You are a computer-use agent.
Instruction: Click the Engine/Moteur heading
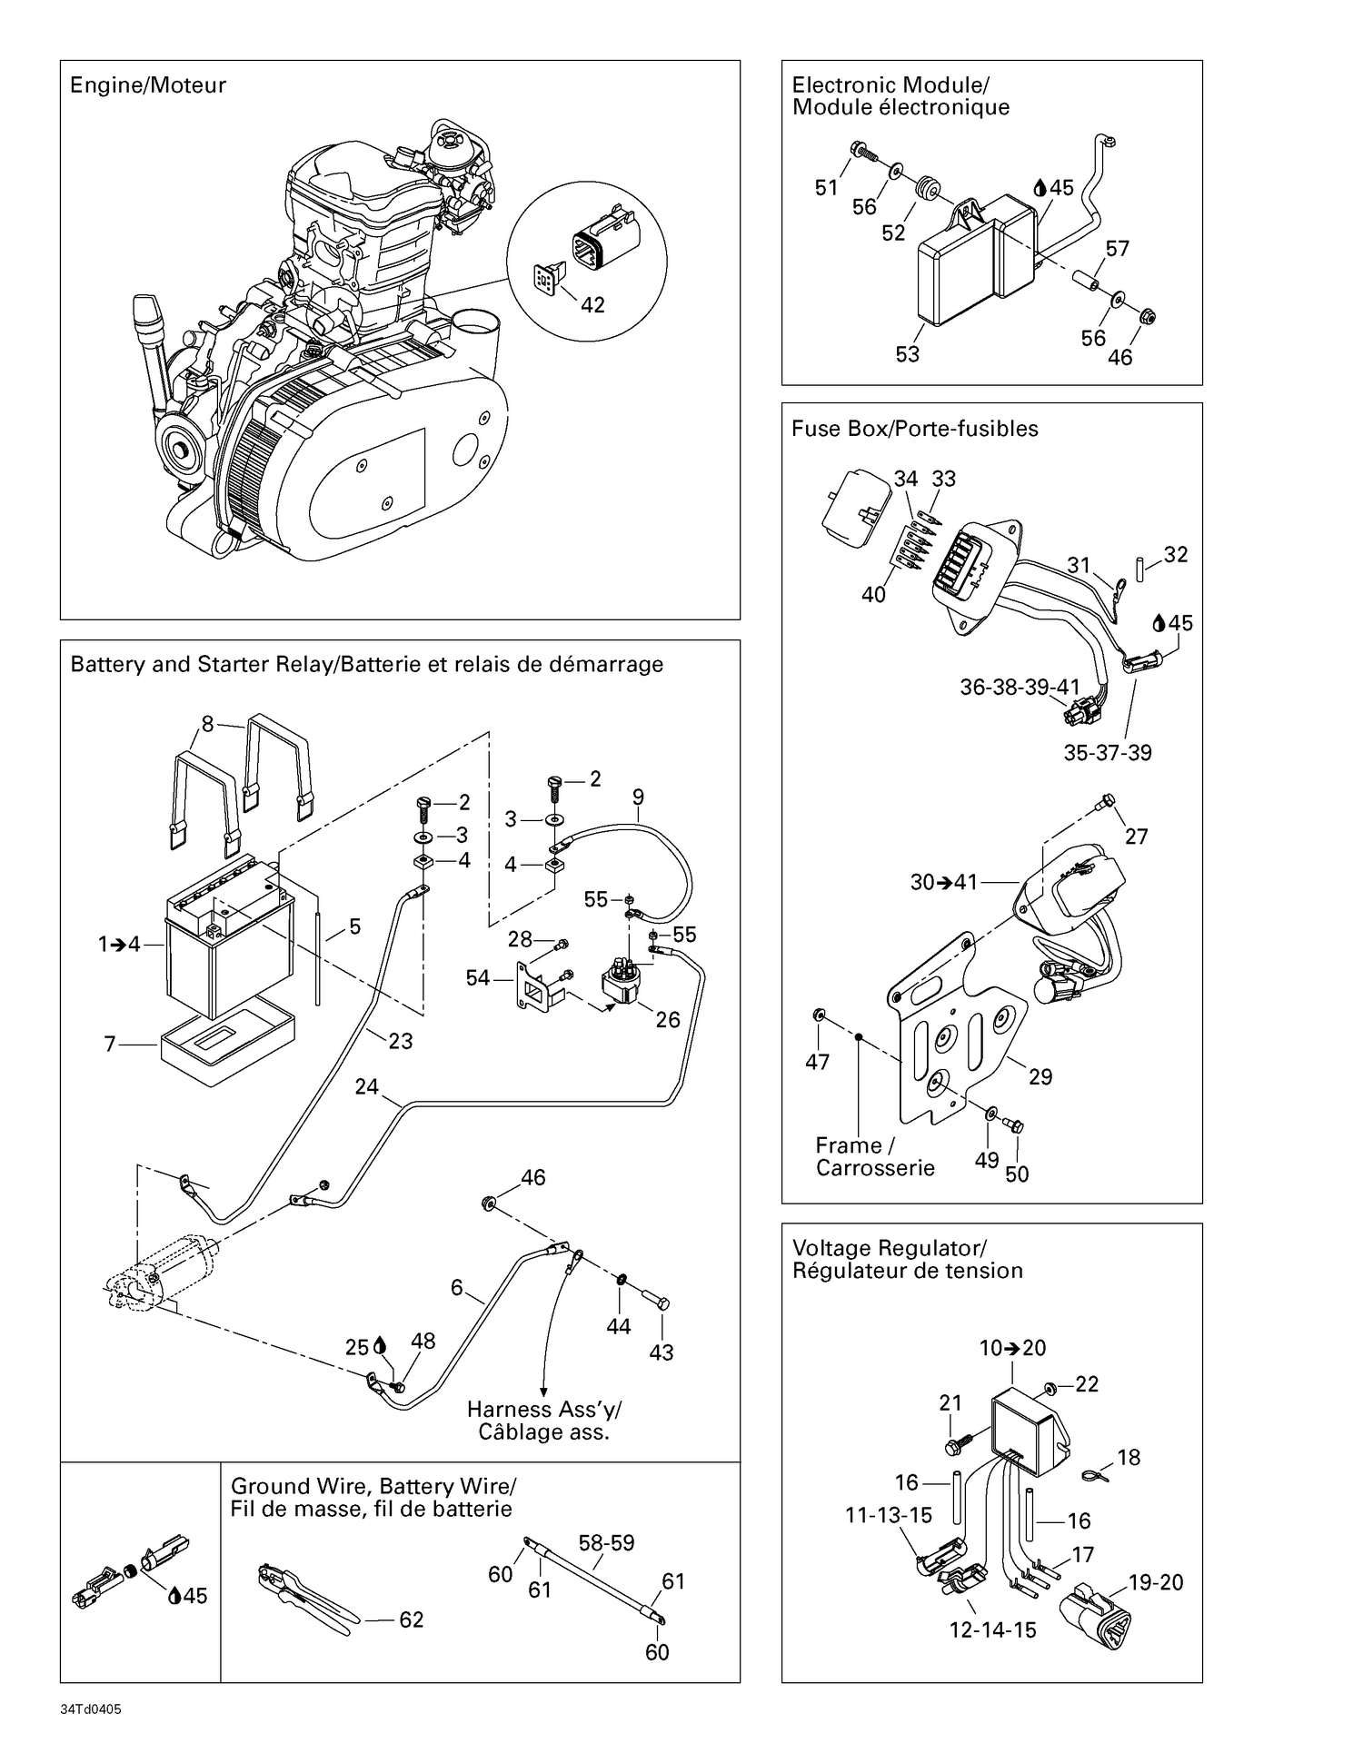[x=147, y=85]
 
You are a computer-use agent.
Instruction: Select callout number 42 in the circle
[x=592, y=305]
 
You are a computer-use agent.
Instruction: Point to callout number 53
[x=907, y=354]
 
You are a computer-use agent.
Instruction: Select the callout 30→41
[x=944, y=882]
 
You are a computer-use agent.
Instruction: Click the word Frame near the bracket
[x=848, y=1145]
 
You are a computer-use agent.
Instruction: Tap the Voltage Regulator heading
[x=889, y=1248]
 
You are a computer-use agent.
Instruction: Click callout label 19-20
[x=1156, y=1582]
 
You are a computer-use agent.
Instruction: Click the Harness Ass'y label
[x=543, y=1410]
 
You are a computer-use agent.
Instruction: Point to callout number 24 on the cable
[x=366, y=1086]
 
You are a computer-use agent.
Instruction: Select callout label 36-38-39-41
[x=1020, y=688]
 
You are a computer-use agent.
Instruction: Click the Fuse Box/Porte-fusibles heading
[x=914, y=429]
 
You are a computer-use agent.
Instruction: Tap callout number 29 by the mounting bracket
[x=1040, y=1076]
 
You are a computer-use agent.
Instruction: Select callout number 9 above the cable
[x=638, y=797]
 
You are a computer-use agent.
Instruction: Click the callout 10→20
[x=1012, y=1348]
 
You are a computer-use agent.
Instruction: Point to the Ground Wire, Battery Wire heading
[x=373, y=1486]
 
